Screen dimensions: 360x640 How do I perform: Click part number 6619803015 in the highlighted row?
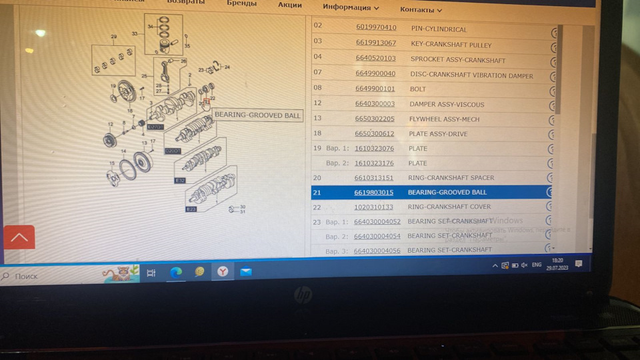[x=374, y=193]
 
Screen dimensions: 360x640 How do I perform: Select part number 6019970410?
[x=376, y=28]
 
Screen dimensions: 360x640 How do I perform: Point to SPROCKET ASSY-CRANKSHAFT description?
[x=457, y=60]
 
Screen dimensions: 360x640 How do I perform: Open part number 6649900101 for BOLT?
[x=375, y=89]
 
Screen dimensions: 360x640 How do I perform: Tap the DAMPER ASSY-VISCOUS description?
[x=447, y=104]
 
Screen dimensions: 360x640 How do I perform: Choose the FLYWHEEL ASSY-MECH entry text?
[x=443, y=119]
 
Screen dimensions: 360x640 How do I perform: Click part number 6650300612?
[x=375, y=134]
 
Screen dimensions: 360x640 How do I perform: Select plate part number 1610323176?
[x=374, y=163]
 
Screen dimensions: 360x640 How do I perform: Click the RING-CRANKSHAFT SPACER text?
[x=451, y=178]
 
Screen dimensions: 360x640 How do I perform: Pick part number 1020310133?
[x=374, y=207]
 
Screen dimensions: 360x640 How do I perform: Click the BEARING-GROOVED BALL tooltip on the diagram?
[x=257, y=115]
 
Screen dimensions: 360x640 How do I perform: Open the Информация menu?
[x=351, y=7]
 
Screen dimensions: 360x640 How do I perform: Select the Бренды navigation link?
[x=241, y=3]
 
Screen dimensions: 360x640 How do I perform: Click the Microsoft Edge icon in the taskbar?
[x=176, y=272]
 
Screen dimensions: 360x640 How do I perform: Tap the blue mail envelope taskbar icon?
[x=246, y=271]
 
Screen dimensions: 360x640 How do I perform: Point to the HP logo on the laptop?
[x=303, y=294]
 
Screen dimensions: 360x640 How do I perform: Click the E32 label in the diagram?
[x=180, y=181]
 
